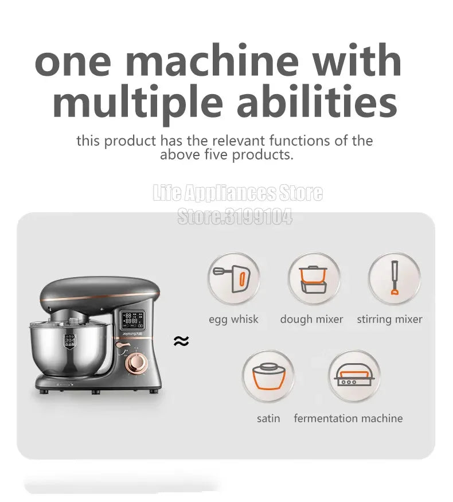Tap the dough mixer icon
(x=313, y=279)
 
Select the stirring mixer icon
(x=393, y=279)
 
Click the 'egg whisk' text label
(x=233, y=320)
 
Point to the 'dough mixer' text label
(x=311, y=320)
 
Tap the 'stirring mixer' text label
(x=389, y=320)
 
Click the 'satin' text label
(x=268, y=418)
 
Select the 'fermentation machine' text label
(x=348, y=418)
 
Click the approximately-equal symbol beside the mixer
(x=181, y=341)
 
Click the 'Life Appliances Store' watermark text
(x=237, y=193)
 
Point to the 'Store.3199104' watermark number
(x=235, y=217)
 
